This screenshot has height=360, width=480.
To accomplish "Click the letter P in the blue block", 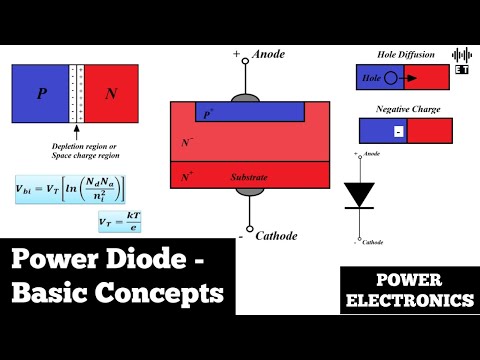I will (x=41, y=93).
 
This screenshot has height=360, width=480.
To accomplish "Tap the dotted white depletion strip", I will (x=75, y=93).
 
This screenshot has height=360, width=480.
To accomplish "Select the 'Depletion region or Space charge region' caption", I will (x=76, y=150).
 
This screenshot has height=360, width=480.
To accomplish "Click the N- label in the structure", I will (x=187, y=144).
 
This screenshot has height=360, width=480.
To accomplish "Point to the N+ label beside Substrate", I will (x=187, y=176).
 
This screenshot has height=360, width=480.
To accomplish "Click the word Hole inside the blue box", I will (x=373, y=76).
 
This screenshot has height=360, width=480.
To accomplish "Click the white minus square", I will (x=398, y=131).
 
